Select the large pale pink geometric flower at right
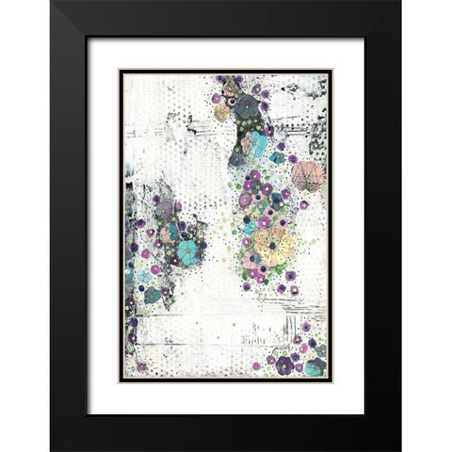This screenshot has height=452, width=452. (x=307, y=175)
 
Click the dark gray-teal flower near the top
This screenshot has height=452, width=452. (x=248, y=107)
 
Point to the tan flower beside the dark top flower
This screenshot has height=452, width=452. (x=222, y=112)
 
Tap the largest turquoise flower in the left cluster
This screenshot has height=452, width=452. (x=188, y=251)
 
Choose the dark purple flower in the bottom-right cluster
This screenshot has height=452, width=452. (x=284, y=364)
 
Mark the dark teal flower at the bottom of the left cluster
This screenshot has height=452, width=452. (x=152, y=295)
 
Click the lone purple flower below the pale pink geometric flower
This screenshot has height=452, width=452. (x=303, y=204)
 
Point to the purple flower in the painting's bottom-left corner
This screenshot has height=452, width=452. (x=142, y=367)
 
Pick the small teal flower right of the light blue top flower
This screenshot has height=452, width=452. (x=277, y=157)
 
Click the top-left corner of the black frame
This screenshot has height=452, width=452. (x=52, y=3)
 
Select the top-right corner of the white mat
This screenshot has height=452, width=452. (x=363, y=39)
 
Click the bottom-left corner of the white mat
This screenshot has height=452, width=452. (x=88, y=413)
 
